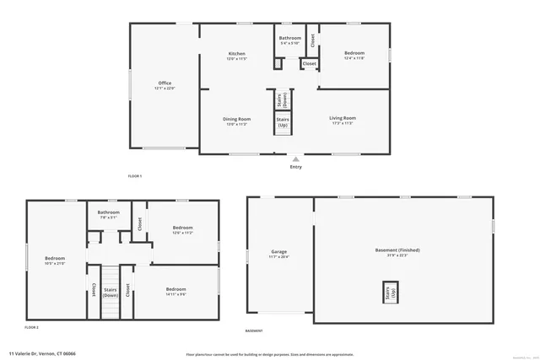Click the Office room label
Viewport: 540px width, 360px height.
165,83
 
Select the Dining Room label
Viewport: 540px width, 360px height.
236,119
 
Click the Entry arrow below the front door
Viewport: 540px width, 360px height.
295,158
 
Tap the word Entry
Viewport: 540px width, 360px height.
295,167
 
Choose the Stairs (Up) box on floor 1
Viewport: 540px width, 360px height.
282,123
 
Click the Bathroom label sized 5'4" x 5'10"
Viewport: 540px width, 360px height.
290,38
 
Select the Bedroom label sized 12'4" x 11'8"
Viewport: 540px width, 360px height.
354,53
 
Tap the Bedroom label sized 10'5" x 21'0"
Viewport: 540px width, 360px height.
55,258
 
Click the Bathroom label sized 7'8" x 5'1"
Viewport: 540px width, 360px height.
108,212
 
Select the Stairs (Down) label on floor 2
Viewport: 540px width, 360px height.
111,292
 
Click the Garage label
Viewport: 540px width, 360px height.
278,252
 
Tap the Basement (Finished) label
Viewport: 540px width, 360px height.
397,250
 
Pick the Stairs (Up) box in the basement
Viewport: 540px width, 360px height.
389,293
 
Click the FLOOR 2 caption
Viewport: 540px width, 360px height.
31,326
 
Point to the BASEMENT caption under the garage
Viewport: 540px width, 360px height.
253,331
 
